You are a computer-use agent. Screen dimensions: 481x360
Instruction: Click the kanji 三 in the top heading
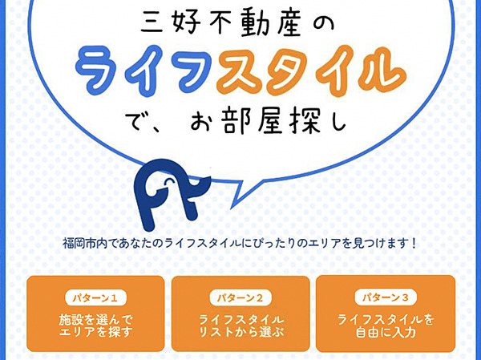[152, 24]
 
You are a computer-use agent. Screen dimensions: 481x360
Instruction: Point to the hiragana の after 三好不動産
[323, 25]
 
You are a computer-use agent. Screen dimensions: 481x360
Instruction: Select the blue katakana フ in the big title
[193, 70]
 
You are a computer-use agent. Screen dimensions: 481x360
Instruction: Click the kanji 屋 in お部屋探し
[269, 121]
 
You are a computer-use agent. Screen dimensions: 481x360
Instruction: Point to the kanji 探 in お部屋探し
[305, 121]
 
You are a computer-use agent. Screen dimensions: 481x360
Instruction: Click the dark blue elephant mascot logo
[172, 195]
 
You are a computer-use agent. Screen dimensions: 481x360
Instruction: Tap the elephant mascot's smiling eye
[168, 182]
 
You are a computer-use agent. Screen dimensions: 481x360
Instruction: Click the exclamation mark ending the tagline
[414, 244]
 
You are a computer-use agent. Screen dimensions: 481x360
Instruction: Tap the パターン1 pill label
[95, 297]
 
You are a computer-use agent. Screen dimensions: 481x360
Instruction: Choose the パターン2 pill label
[240, 297]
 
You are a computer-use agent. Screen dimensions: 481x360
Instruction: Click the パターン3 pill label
[386, 297]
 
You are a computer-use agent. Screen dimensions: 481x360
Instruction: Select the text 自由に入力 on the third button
[386, 333]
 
